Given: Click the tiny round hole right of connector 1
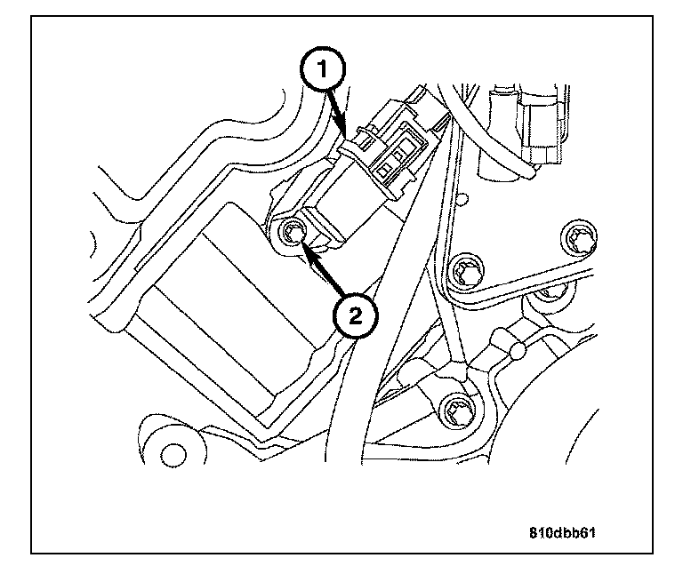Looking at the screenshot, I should click(463, 195).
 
